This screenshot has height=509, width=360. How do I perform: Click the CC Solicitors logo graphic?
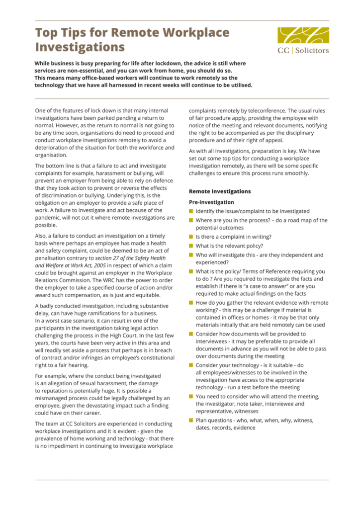(x=303, y=36)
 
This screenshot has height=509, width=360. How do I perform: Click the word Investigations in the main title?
(x=80, y=48)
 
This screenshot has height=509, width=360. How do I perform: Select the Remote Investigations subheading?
(x=220, y=191)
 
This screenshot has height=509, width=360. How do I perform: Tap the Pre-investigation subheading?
(x=211, y=202)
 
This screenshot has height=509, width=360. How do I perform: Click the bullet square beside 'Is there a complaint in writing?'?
(x=191, y=237)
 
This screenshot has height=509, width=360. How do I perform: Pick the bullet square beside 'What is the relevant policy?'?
(x=191, y=246)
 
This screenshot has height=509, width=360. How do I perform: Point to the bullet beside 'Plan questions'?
(x=191, y=420)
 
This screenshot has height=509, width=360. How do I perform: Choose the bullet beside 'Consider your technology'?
(x=191, y=365)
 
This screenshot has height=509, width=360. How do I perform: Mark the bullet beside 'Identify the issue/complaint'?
(x=191, y=211)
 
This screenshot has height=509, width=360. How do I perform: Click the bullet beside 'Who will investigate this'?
(x=191, y=255)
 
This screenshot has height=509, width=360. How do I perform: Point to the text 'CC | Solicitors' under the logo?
(x=303, y=51)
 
